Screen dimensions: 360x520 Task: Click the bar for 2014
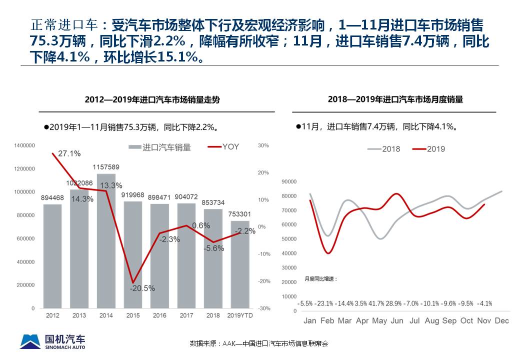pos(106,240)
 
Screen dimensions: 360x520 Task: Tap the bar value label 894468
pos(52,198)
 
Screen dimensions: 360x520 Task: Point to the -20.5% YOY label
pos(142,288)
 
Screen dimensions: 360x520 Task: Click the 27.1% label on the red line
pos(69,153)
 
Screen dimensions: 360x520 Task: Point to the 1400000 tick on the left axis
pos(24,145)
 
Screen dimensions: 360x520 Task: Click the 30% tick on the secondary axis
pos(263,145)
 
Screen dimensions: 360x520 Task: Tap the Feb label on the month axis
pos(327,320)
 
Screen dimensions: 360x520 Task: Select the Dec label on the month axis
pos(501,320)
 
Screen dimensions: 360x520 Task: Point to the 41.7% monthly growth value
pos(377,303)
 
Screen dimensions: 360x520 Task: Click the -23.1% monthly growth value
pos(325,303)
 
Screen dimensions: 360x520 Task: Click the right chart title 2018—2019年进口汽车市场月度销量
pos(395,99)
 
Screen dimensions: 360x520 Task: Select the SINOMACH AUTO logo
pos(52,341)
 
